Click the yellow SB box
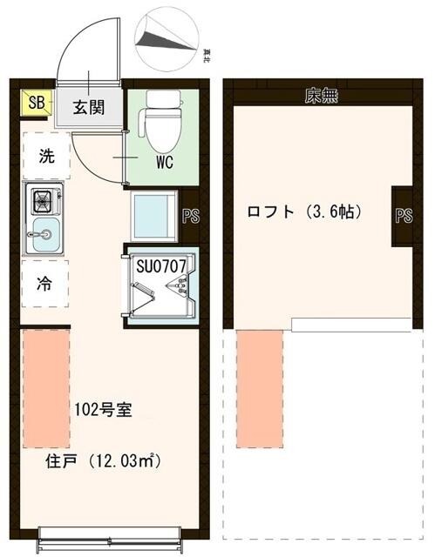click(36, 104)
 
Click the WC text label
click(169, 163)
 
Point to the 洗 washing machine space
click(44, 158)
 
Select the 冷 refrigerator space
click(43, 283)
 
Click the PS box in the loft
click(403, 215)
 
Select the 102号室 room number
click(103, 409)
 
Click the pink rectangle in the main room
click(45, 387)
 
